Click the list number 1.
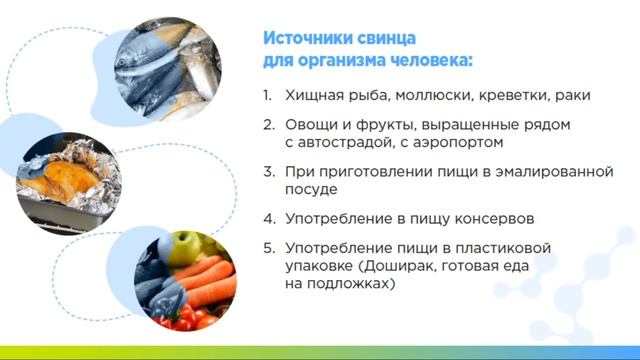click(267, 96)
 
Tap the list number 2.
click(268, 125)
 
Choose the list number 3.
click(268, 172)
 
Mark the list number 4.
click(268, 218)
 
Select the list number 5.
click(268, 247)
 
